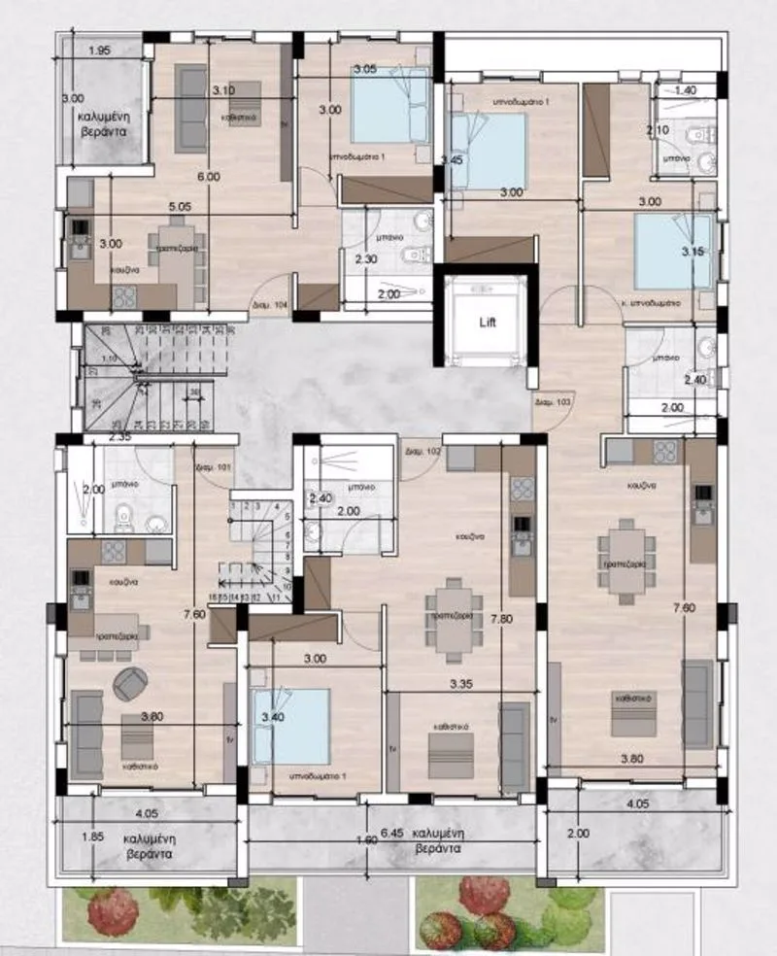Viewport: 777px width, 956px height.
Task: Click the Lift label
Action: point(486,322)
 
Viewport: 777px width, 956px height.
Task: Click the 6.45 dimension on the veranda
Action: point(390,834)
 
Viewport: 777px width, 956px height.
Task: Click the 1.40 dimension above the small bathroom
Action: point(686,89)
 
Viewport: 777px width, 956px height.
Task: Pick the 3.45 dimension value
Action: point(451,159)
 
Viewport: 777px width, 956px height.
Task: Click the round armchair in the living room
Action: point(130,685)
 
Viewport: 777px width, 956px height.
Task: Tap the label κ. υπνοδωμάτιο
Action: point(652,302)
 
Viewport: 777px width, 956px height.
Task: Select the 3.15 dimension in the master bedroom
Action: point(693,252)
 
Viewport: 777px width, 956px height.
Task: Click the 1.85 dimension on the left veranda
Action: point(92,836)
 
